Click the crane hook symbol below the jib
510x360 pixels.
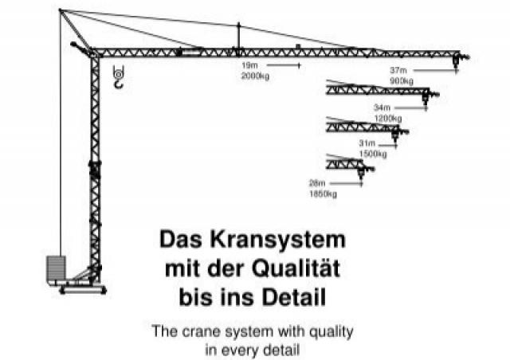pos(119,77)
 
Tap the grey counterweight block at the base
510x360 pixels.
pos(57,268)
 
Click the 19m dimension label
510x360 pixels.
pos(249,65)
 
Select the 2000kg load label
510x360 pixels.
pos(255,76)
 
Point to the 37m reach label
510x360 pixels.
pos(398,70)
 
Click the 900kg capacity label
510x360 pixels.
pos(402,80)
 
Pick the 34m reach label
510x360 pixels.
pos(382,108)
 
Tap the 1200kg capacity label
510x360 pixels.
pos(388,119)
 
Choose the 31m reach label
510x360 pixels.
pos(367,143)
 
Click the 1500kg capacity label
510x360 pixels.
pos(373,154)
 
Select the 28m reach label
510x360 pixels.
pos(317,183)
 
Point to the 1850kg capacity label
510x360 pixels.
pos(323,194)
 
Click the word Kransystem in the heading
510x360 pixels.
pos(278,240)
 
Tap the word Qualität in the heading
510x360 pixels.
pos(296,268)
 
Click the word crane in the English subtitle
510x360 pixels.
pos(201,332)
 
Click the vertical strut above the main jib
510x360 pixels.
pos(239,36)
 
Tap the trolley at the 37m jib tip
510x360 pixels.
pos(456,61)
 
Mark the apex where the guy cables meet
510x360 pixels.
pos(61,10)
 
